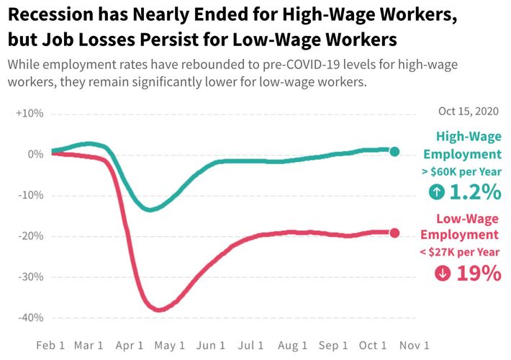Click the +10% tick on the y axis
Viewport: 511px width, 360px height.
coord(30,114)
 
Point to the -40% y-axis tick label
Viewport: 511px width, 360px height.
coord(30,318)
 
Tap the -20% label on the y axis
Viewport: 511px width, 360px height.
coord(30,236)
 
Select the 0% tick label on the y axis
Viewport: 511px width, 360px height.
coord(35,155)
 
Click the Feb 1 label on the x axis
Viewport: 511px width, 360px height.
coord(50,345)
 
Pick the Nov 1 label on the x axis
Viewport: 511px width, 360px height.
coord(415,345)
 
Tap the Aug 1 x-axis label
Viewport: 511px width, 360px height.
coord(294,345)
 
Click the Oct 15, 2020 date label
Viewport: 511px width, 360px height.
coord(468,112)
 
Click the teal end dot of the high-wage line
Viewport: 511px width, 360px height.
coord(394,151)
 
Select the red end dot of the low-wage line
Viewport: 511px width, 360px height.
coord(394,233)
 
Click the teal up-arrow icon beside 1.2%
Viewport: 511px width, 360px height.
coord(436,192)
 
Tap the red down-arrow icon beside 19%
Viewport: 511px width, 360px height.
coord(443,274)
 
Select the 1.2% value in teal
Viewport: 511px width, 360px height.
coord(475,192)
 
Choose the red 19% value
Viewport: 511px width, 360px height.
coord(478,274)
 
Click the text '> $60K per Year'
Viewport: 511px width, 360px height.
coord(461,171)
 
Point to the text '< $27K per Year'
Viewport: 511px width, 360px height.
coord(460,251)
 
